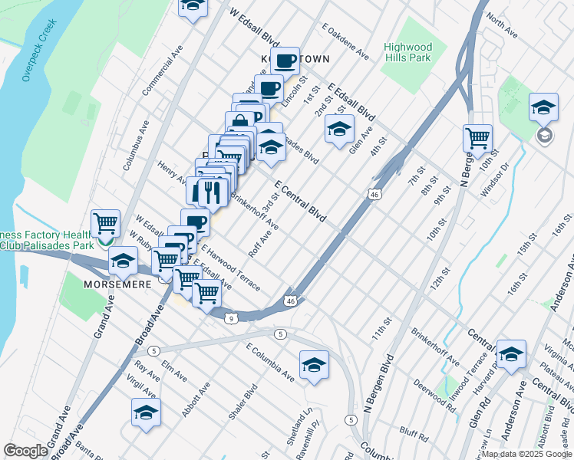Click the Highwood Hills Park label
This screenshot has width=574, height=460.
point(407,52)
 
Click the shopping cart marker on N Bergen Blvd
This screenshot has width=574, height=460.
point(477,139)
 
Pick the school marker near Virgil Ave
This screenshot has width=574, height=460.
point(146,412)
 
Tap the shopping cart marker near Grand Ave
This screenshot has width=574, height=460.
point(105,224)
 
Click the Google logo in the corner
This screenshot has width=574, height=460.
point(25,451)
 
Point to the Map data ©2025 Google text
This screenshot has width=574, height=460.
point(526,454)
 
